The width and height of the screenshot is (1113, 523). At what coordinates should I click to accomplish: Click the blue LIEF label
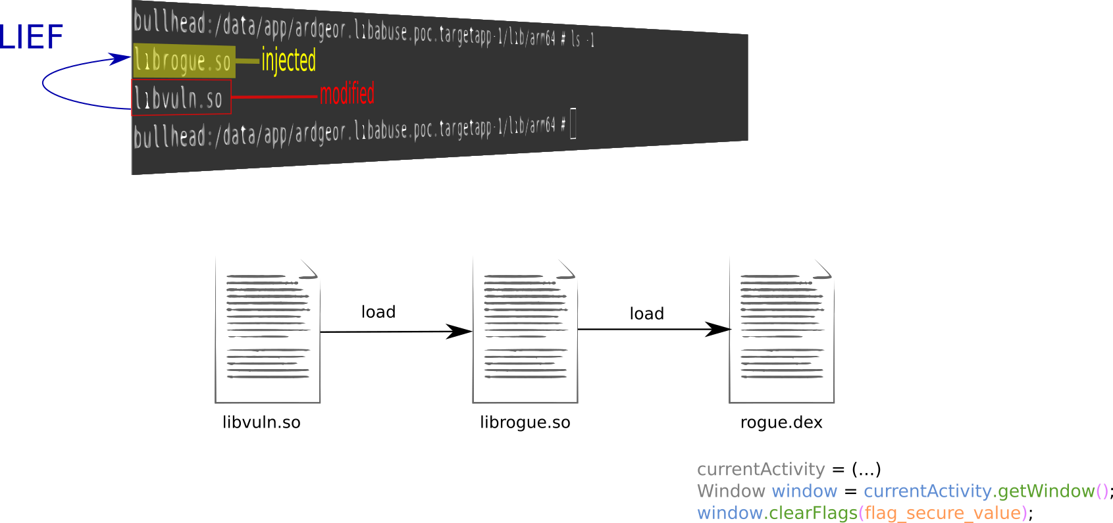pyautogui.click(x=31, y=37)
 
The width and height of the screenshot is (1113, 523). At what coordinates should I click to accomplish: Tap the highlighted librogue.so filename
pyautogui.click(x=183, y=61)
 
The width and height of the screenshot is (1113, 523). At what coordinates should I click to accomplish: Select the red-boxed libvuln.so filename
pyautogui.click(x=179, y=98)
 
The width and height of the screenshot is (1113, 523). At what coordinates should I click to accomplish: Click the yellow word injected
pyautogui.click(x=288, y=61)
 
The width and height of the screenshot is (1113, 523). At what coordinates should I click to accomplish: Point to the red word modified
pyautogui.click(x=347, y=94)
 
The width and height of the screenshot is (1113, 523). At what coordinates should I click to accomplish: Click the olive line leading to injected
pyautogui.click(x=247, y=61)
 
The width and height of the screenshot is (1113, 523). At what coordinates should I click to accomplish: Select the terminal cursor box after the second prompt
pyautogui.click(x=573, y=123)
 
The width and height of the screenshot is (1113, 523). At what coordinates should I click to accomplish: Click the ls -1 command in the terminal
pyautogui.click(x=582, y=39)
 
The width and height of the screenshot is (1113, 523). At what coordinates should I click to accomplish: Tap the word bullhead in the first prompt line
pyautogui.click(x=169, y=22)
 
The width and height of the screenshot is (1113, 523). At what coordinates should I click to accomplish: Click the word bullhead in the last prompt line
pyautogui.click(x=169, y=136)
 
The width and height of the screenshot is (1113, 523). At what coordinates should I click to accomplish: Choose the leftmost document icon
pyautogui.click(x=268, y=330)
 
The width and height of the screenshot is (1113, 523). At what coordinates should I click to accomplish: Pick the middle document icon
pyautogui.click(x=525, y=330)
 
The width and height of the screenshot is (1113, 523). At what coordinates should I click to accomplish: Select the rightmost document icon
pyautogui.click(x=782, y=330)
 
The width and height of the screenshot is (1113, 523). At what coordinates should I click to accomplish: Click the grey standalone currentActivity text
pyautogui.click(x=760, y=469)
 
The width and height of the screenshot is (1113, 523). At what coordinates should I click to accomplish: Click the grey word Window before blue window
pyautogui.click(x=731, y=491)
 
